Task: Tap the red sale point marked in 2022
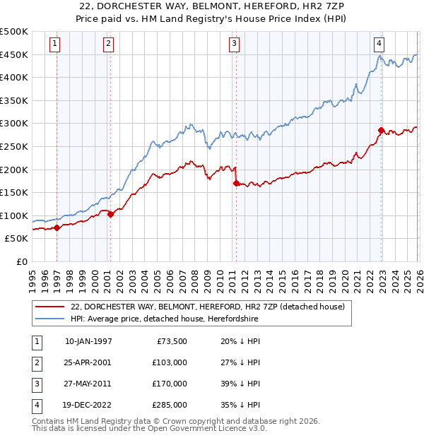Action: tap(381, 130)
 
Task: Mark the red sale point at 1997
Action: tap(57, 227)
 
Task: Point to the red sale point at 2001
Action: tap(110, 214)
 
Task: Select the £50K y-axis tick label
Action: tap(17, 239)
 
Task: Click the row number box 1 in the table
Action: tap(35, 341)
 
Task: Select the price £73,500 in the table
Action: tap(170, 341)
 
